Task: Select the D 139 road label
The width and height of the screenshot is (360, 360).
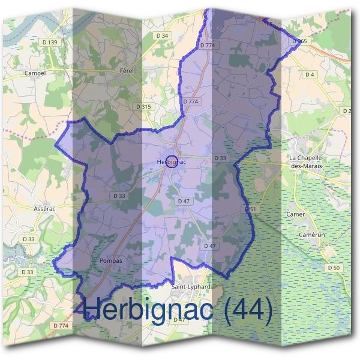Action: point(50,42)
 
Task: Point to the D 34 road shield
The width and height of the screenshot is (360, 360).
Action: point(162,36)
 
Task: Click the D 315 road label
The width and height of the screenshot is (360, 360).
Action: point(143,106)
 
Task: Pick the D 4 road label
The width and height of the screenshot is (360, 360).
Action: point(310,74)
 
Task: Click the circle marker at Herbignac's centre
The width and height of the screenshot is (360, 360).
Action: point(172,161)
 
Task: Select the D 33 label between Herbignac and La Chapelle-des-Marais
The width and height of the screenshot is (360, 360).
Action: point(220,158)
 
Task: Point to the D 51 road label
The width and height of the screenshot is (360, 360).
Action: point(251,208)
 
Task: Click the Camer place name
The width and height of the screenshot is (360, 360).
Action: point(296,214)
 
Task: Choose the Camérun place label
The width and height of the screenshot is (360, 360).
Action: point(312,236)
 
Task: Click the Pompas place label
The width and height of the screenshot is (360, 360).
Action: point(110,261)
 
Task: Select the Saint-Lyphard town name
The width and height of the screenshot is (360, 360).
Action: point(191,287)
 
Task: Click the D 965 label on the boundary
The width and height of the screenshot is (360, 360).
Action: point(300,41)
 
